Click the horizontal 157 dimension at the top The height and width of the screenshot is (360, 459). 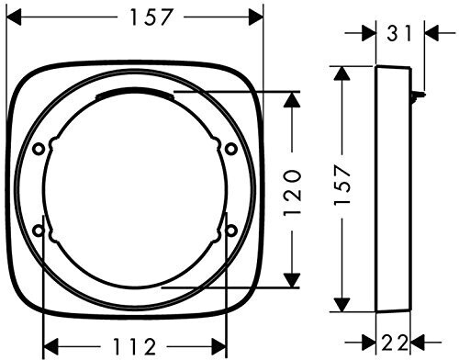pyautogui.click(x=151, y=17)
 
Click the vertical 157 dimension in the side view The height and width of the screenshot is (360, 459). pyautogui.click(x=342, y=185)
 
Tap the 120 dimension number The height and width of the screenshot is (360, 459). pyautogui.click(x=292, y=193)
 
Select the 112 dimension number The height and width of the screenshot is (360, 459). pyautogui.click(x=134, y=346)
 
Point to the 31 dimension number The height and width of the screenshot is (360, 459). pyautogui.click(x=399, y=33)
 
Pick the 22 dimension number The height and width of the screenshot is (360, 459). pyautogui.click(x=395, y=343)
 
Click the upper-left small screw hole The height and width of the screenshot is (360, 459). pyautogui.click(x=39, y=150)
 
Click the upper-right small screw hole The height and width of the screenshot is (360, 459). pyautogui.click(x=231, y=150)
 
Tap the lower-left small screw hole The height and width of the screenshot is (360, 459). pyautogui.click(x=39, y=231)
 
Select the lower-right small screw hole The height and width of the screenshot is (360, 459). pyautogui.click(x=231, y=231)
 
